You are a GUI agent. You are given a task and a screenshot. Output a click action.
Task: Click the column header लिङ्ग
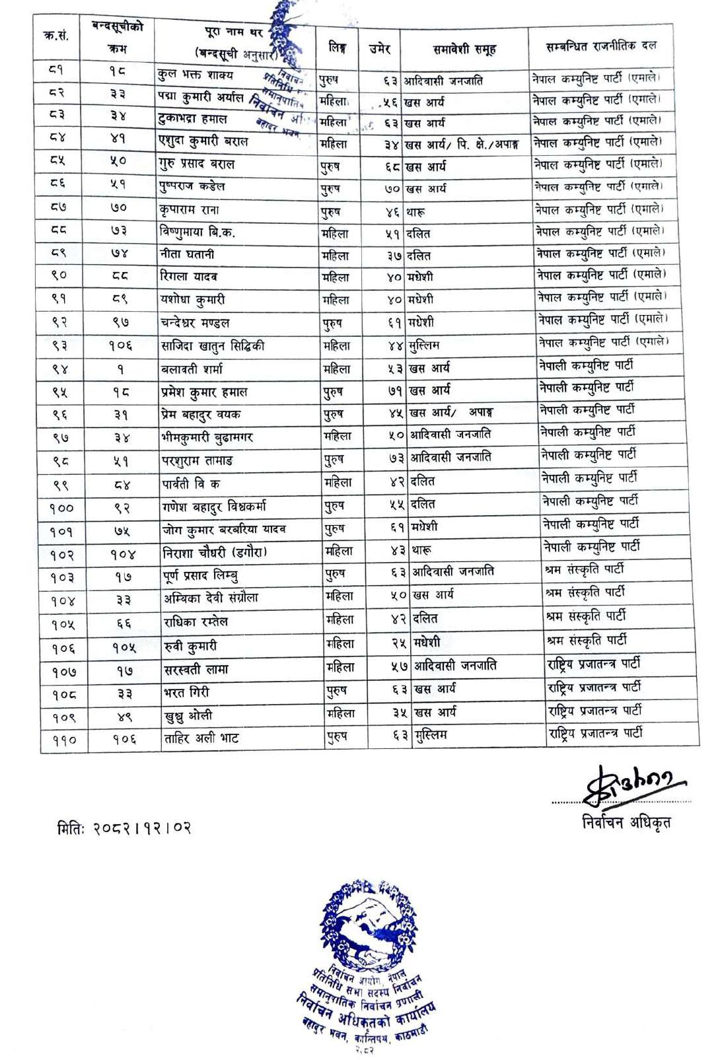pyautogui.click(x=337, y=48)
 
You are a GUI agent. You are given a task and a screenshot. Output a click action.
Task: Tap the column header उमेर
pyautogui.click(x=380, y=48)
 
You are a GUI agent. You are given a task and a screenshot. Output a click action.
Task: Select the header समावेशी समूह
pyautogui.click(x=464, y=49)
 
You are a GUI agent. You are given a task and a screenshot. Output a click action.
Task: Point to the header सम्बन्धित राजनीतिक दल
pyautogui.click(x=600, y=46)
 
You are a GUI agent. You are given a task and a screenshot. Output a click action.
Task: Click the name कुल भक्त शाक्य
pyautogui.click(x=196, y=75)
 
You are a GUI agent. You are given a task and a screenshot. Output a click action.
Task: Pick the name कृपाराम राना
pyautogui.click(x=190, y=210)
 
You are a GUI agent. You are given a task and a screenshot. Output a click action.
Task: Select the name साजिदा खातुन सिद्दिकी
pyautogui.click(x=213, y=345)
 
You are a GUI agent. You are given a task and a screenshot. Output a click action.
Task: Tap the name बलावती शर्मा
pyautogui.click(x=192, y=369)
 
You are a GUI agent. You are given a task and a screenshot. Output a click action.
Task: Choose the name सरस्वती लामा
pyautogui.click(x=196, y=670)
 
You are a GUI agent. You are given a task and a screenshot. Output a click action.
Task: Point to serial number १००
pyautogui.click(x=61, y=508)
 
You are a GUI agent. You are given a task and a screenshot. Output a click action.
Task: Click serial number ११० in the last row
pyautogui.click(x=64, y=740)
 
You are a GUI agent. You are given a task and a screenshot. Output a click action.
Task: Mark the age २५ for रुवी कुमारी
pyautogui.click(x=398, y=643)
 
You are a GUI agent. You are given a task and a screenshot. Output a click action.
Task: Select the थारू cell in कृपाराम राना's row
pyautogui.click(x=415, y=211)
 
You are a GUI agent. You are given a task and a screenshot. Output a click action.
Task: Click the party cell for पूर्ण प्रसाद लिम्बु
pyautogui.click(x=585, y=569)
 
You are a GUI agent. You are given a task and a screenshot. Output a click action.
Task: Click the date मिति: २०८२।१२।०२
pyautogui.click(x=124, y=828)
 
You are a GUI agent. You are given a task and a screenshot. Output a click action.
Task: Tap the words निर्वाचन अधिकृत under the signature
pyautogui.click(x=626, y=822)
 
